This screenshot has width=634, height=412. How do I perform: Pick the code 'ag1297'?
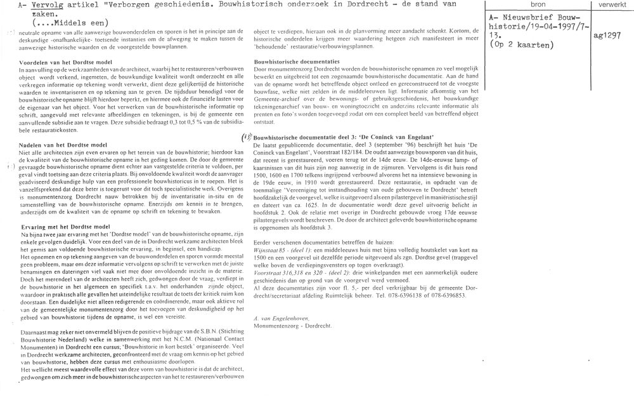[607, 37]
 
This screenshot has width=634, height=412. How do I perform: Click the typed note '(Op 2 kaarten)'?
[522, 46]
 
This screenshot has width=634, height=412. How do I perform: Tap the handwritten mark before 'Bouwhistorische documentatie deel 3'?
[247, 136]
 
